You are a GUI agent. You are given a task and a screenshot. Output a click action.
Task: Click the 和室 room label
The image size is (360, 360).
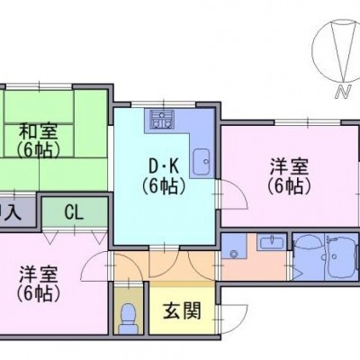tap(38, 131)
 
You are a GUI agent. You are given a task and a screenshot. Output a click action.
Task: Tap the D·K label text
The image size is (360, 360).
tap(164, 167)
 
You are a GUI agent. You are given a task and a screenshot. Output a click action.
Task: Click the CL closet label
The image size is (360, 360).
tap(74, 213)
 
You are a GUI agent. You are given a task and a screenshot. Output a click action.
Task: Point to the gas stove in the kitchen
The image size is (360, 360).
tap(163, 120)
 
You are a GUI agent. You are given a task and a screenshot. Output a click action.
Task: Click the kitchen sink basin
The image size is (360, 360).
tap(202, 161)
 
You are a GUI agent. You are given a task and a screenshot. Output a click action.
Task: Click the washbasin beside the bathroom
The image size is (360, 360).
tap(271, 242)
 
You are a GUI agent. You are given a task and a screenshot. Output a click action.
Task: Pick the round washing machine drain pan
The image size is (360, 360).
tap(233, 254)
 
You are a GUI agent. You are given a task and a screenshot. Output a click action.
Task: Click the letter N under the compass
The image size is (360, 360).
tap(343, 92)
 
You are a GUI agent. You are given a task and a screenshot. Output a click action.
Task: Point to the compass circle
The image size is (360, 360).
tap(312, 51)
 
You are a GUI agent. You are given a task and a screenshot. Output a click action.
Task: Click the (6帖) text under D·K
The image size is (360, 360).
tap(164, 187)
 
